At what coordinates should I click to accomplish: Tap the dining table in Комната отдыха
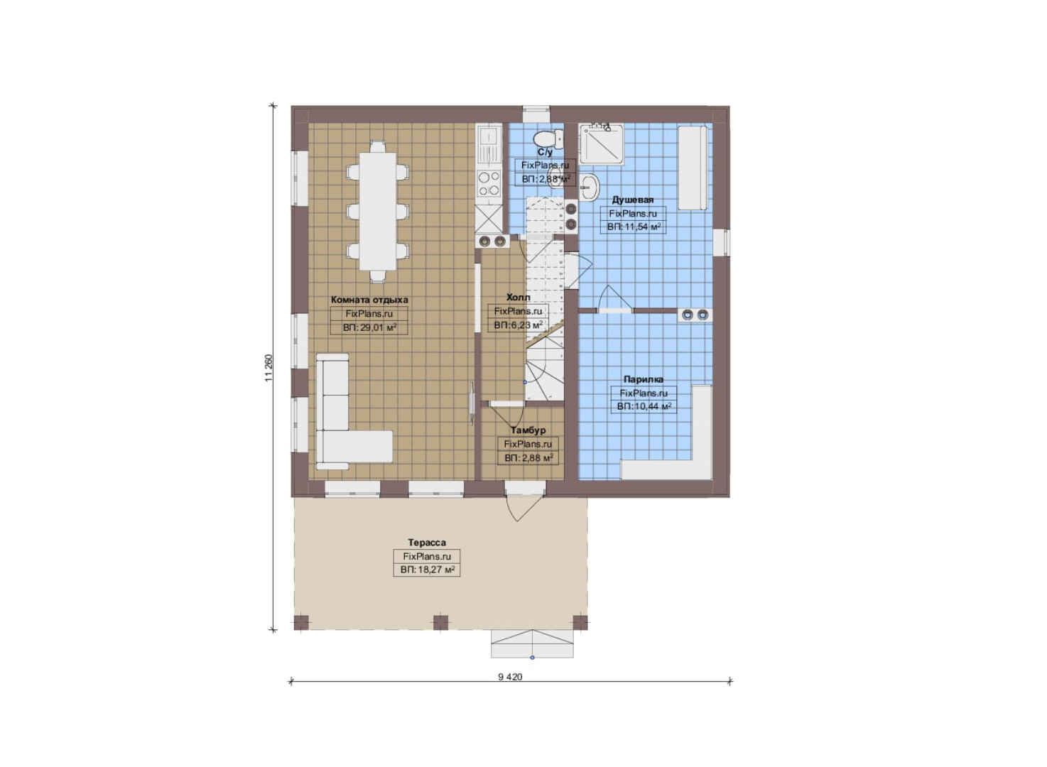click(377, 211)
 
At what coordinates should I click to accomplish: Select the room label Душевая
click(632, 200)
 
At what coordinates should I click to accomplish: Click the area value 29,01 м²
click(369, 327)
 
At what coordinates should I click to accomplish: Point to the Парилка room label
click(643, 379)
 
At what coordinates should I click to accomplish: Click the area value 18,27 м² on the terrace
click(427, 570)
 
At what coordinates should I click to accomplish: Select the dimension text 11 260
click(268, 367)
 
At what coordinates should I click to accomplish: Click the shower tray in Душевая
click(601, 144)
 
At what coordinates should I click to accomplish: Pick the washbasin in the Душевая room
click(590, 187)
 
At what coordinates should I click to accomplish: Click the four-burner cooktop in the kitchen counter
click(489, 183)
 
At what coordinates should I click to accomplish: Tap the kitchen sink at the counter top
click(489, 145)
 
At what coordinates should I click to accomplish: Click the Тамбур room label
click(528, 430)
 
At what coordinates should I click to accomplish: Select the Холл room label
click(519, 298)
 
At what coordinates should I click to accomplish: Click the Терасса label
click(427, 543)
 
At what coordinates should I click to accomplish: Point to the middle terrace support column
click(440, 623)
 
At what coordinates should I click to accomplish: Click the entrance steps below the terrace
click(532, 643)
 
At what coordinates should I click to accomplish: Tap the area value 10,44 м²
click(644, 407)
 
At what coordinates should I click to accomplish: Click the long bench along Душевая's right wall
click(693, 168)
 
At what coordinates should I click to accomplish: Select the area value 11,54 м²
click(634, 227)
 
